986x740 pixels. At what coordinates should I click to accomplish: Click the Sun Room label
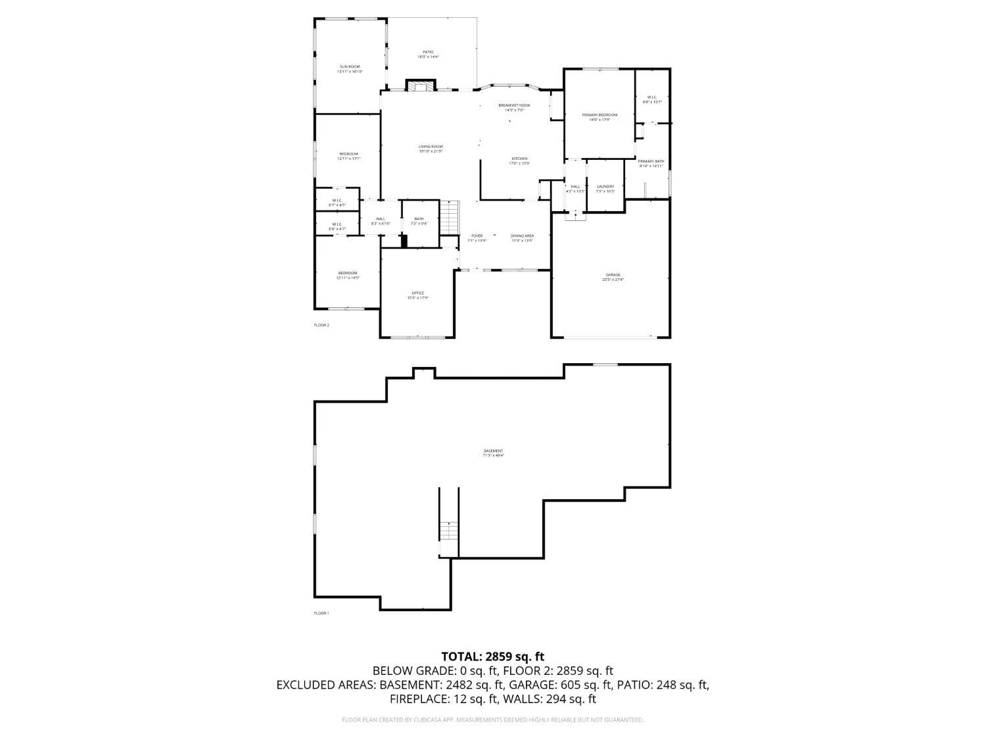coord(349,68)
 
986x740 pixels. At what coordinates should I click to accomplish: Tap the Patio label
coord(428,54)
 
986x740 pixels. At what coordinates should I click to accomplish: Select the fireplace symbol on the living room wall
coord(420,86)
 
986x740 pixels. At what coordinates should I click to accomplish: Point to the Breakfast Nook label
coord(514,107)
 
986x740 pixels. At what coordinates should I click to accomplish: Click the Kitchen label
coord(519,160)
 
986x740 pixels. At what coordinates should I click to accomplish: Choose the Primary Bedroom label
coord(599,117)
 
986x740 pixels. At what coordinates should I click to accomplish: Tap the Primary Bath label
coord(651,163)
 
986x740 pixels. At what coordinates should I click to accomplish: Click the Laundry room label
coord(605,189)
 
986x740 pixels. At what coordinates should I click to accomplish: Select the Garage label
coord(613,277)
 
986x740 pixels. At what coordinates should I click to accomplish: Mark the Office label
coord(417,295)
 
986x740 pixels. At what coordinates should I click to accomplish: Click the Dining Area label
coord(523,237)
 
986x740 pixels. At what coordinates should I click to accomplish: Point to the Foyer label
coord(477,237)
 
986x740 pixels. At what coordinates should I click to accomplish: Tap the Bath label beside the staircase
coord(419,221)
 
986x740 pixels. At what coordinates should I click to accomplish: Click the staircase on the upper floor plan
coord(448,217)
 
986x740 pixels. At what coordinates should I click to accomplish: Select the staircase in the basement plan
coord(448,530)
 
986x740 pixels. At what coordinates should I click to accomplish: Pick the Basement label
coord(493,453)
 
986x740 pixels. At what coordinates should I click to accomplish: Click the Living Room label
coord(431,149)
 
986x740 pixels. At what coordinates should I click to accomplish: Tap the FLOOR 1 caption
coord(321,613)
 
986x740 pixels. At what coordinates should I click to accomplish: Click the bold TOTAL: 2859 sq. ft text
coord(492,656)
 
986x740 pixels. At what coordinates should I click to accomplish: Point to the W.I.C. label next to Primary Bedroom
coord(651,99)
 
